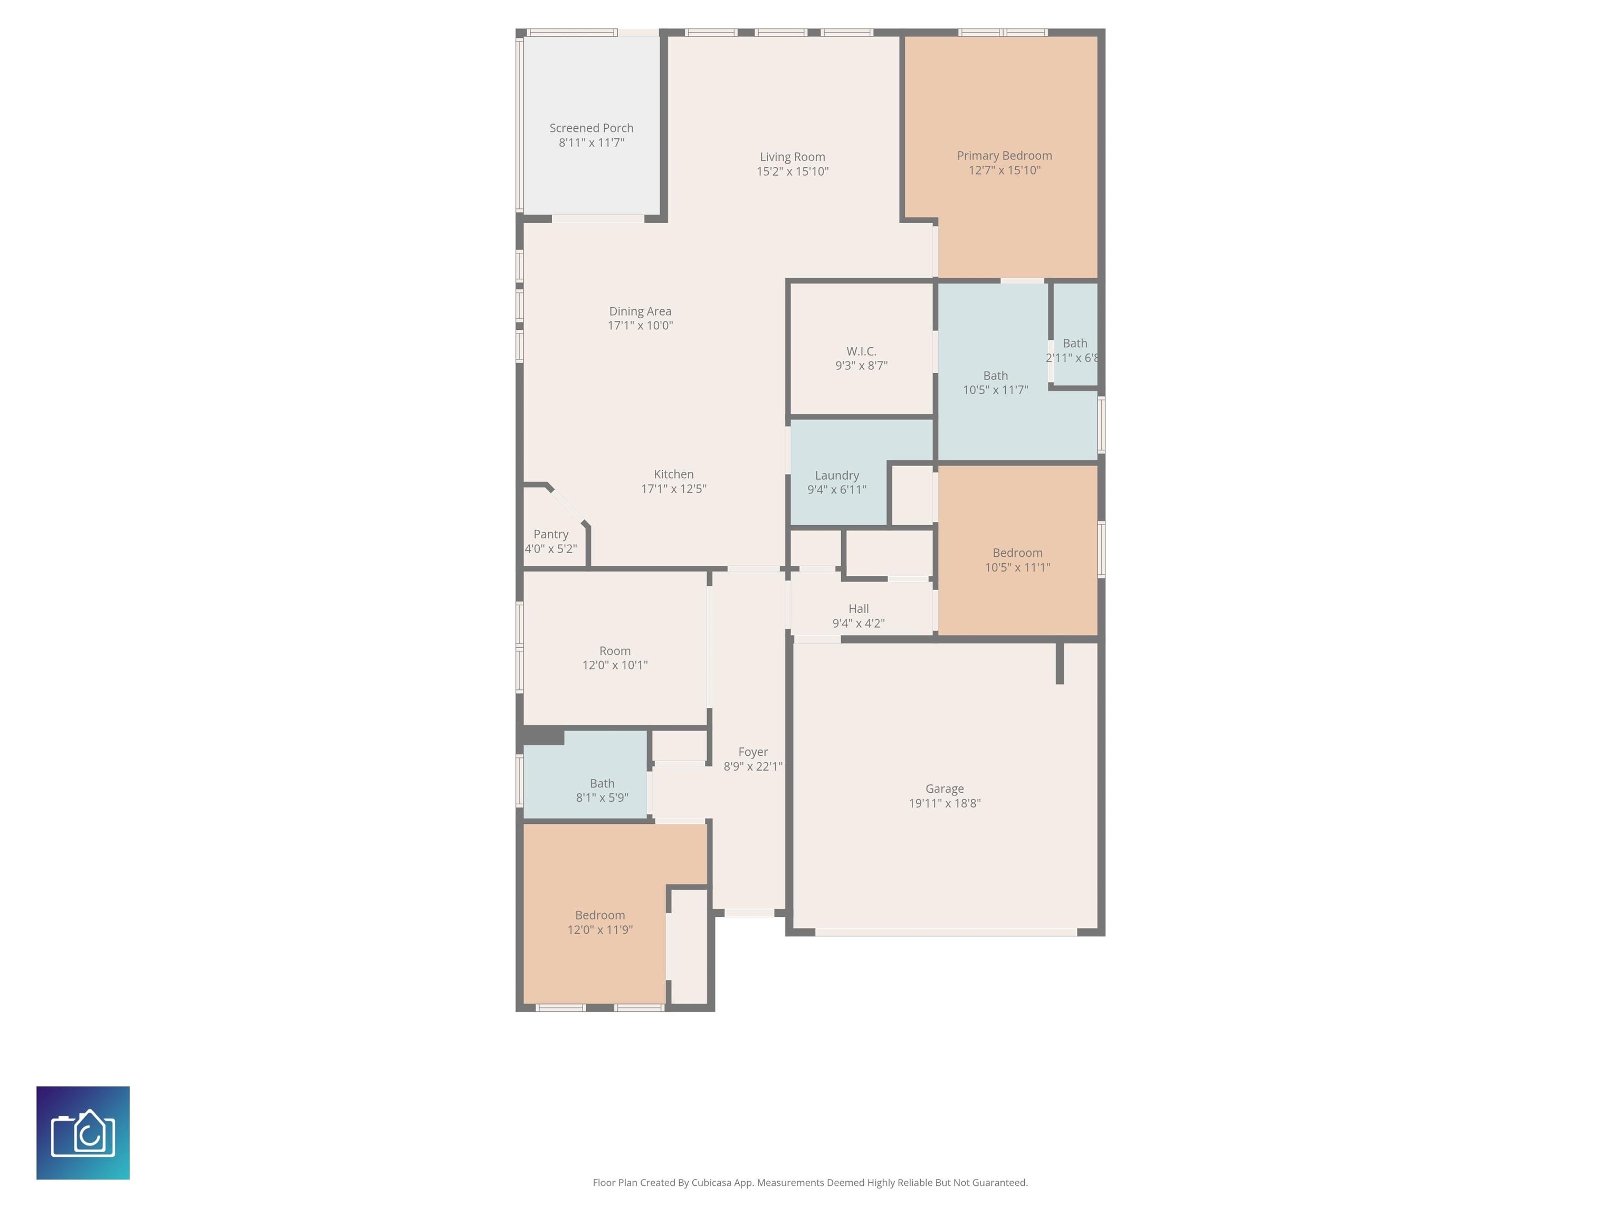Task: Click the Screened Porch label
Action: click(x=592, y=128)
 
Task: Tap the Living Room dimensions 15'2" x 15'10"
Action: click(x=792, y=172)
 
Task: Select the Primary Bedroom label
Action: click(x=1004, y=155)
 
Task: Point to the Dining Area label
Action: click(x=640, y=311)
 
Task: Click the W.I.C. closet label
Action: click(x=861, y=351)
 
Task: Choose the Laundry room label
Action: click(x=837, y=476)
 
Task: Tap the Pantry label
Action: click(x=550, y=534)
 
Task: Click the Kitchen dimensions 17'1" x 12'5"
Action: click(x=673, y=489)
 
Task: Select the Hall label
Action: click(x=858, y=609)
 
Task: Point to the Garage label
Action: click(x=944, y=788)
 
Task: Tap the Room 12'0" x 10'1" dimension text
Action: click(x=615, y=666)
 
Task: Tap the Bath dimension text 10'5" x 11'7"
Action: click(x=995, y=390)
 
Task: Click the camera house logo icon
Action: click(x=83, y=1133)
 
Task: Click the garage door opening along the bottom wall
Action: click(x=946, y=933)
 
